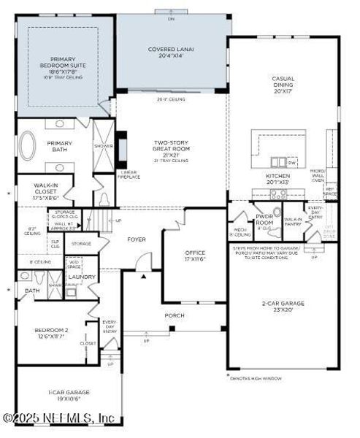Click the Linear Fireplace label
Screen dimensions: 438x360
click(128, 175)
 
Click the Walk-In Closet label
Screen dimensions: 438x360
click(45, 192)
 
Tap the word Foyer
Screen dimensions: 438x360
click(137, 238)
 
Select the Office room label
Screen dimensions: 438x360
click(194, 255)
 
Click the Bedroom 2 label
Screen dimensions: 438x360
click(50, 334)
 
